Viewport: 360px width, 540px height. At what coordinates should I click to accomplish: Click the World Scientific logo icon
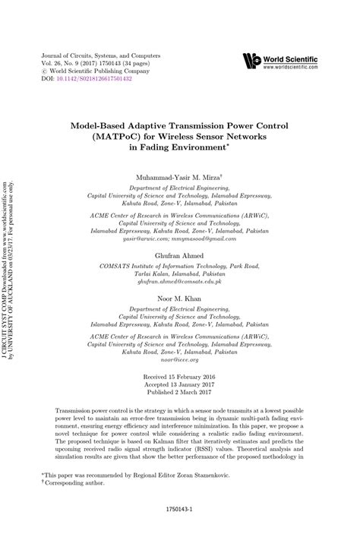(x=251, y=61)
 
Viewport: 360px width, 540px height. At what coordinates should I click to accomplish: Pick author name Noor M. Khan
(x=179, y=299)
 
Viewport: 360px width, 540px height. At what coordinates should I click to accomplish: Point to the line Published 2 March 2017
(x=180, y=395)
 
